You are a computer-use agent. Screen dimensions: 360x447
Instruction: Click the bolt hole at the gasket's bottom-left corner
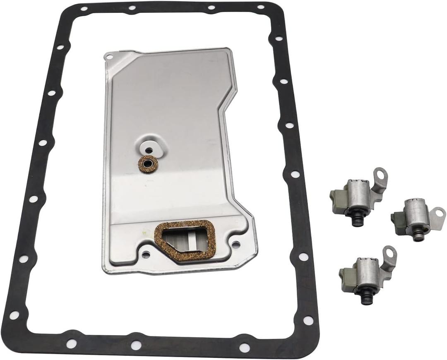coord(14,315)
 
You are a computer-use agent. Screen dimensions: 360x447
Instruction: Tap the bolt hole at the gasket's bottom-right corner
coord(308,320)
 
